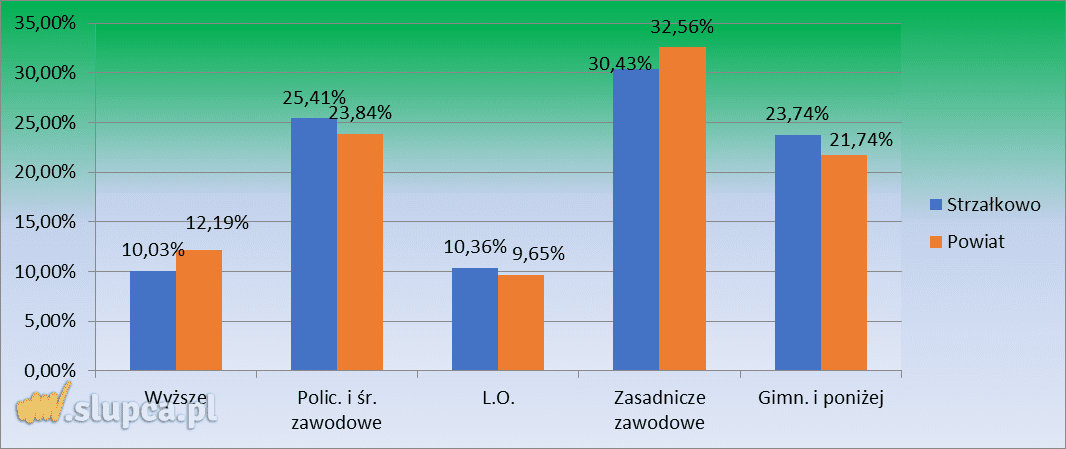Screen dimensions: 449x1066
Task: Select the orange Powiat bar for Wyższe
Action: pos(199,310)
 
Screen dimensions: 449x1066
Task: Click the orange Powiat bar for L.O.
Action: pos(521,322)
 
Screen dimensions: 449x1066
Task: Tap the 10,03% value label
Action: pos(154,250)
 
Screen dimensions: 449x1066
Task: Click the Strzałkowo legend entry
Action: pos(985,204)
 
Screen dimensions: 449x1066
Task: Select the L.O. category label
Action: pos(497,398)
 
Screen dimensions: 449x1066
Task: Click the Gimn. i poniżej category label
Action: pos(820,398)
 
